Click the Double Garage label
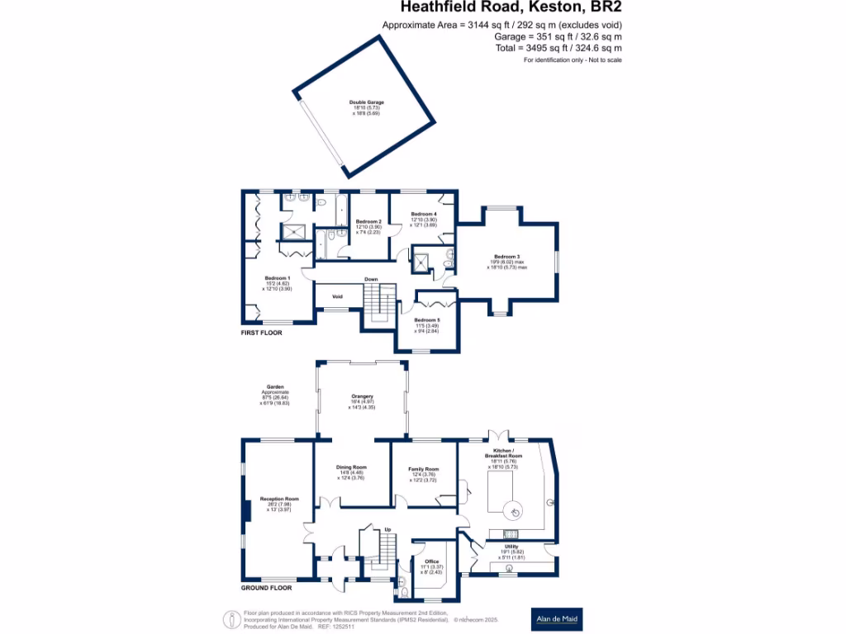366,102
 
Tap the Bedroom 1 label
277,278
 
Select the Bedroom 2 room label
368,221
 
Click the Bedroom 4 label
424,215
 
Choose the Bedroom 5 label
427,320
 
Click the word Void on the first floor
337,296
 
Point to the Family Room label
423,469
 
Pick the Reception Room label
279,499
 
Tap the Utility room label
511,546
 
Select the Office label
431,561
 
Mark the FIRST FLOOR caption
262,334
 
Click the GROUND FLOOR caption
266,589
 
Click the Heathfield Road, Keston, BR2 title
511,8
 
